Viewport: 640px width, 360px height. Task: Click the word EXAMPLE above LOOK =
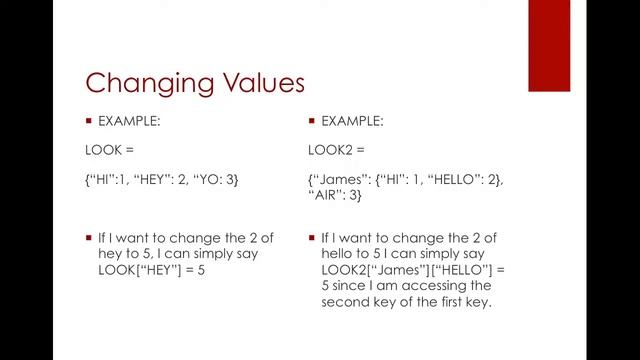(x=129, y=120)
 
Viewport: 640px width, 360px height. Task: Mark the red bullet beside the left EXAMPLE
(x=88, y=120)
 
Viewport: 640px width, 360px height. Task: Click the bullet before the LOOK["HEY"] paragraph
(x=88, y=238)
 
